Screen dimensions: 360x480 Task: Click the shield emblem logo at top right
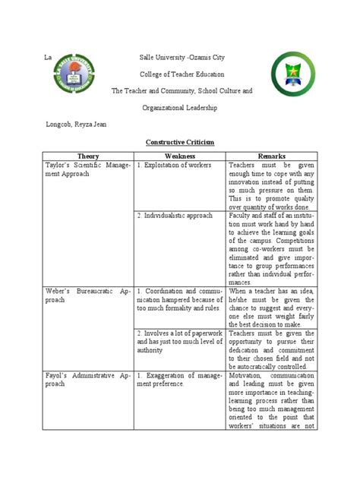point(292,78)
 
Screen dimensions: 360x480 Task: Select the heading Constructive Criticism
point(180,142)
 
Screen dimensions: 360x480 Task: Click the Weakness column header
point(180,156)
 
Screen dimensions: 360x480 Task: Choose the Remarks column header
point(271,156)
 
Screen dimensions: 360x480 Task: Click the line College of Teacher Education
point(180,74)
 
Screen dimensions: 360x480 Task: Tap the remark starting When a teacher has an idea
point(271,305)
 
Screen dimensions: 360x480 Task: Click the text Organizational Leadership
point(180,108)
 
